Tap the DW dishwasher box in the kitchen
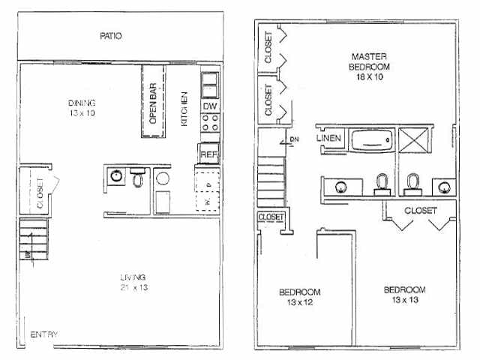click(209, 107)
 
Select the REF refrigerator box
click(208, 154)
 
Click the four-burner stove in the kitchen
click(209, 128)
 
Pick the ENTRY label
click(44, 334)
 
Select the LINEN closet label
click(329, 138)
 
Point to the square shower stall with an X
click(413, 140)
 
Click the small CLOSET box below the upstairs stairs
click(271, 217)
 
